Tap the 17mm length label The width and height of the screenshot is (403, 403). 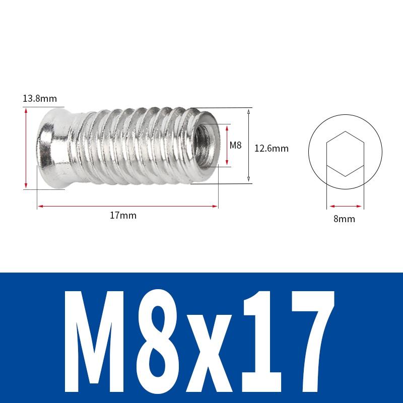click(123, 215)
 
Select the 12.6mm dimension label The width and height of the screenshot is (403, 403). click(271, 148)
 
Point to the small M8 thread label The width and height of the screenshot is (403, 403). click(236, 146)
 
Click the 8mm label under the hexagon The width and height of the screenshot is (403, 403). click(345, 219)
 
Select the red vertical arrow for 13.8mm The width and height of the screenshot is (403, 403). click(26, 149)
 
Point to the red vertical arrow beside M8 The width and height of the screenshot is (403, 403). click(228, 146)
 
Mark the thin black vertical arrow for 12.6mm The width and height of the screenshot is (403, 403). click(249, 146)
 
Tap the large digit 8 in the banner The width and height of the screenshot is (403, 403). click(169, 335)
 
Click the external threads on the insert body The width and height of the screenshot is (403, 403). click(131, 146)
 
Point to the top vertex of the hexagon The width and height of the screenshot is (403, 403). click(345, 131)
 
